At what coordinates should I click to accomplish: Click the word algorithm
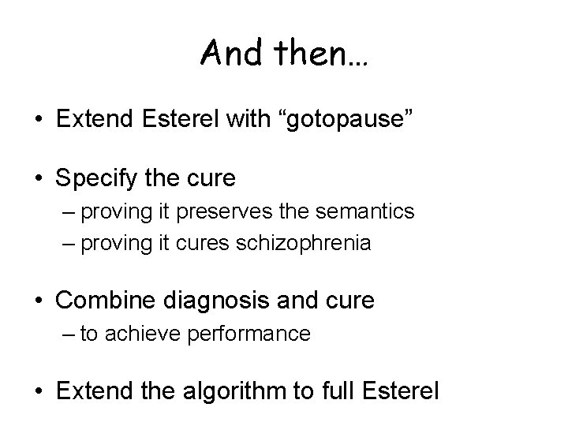pyautogui.click(x=229, y=390)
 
